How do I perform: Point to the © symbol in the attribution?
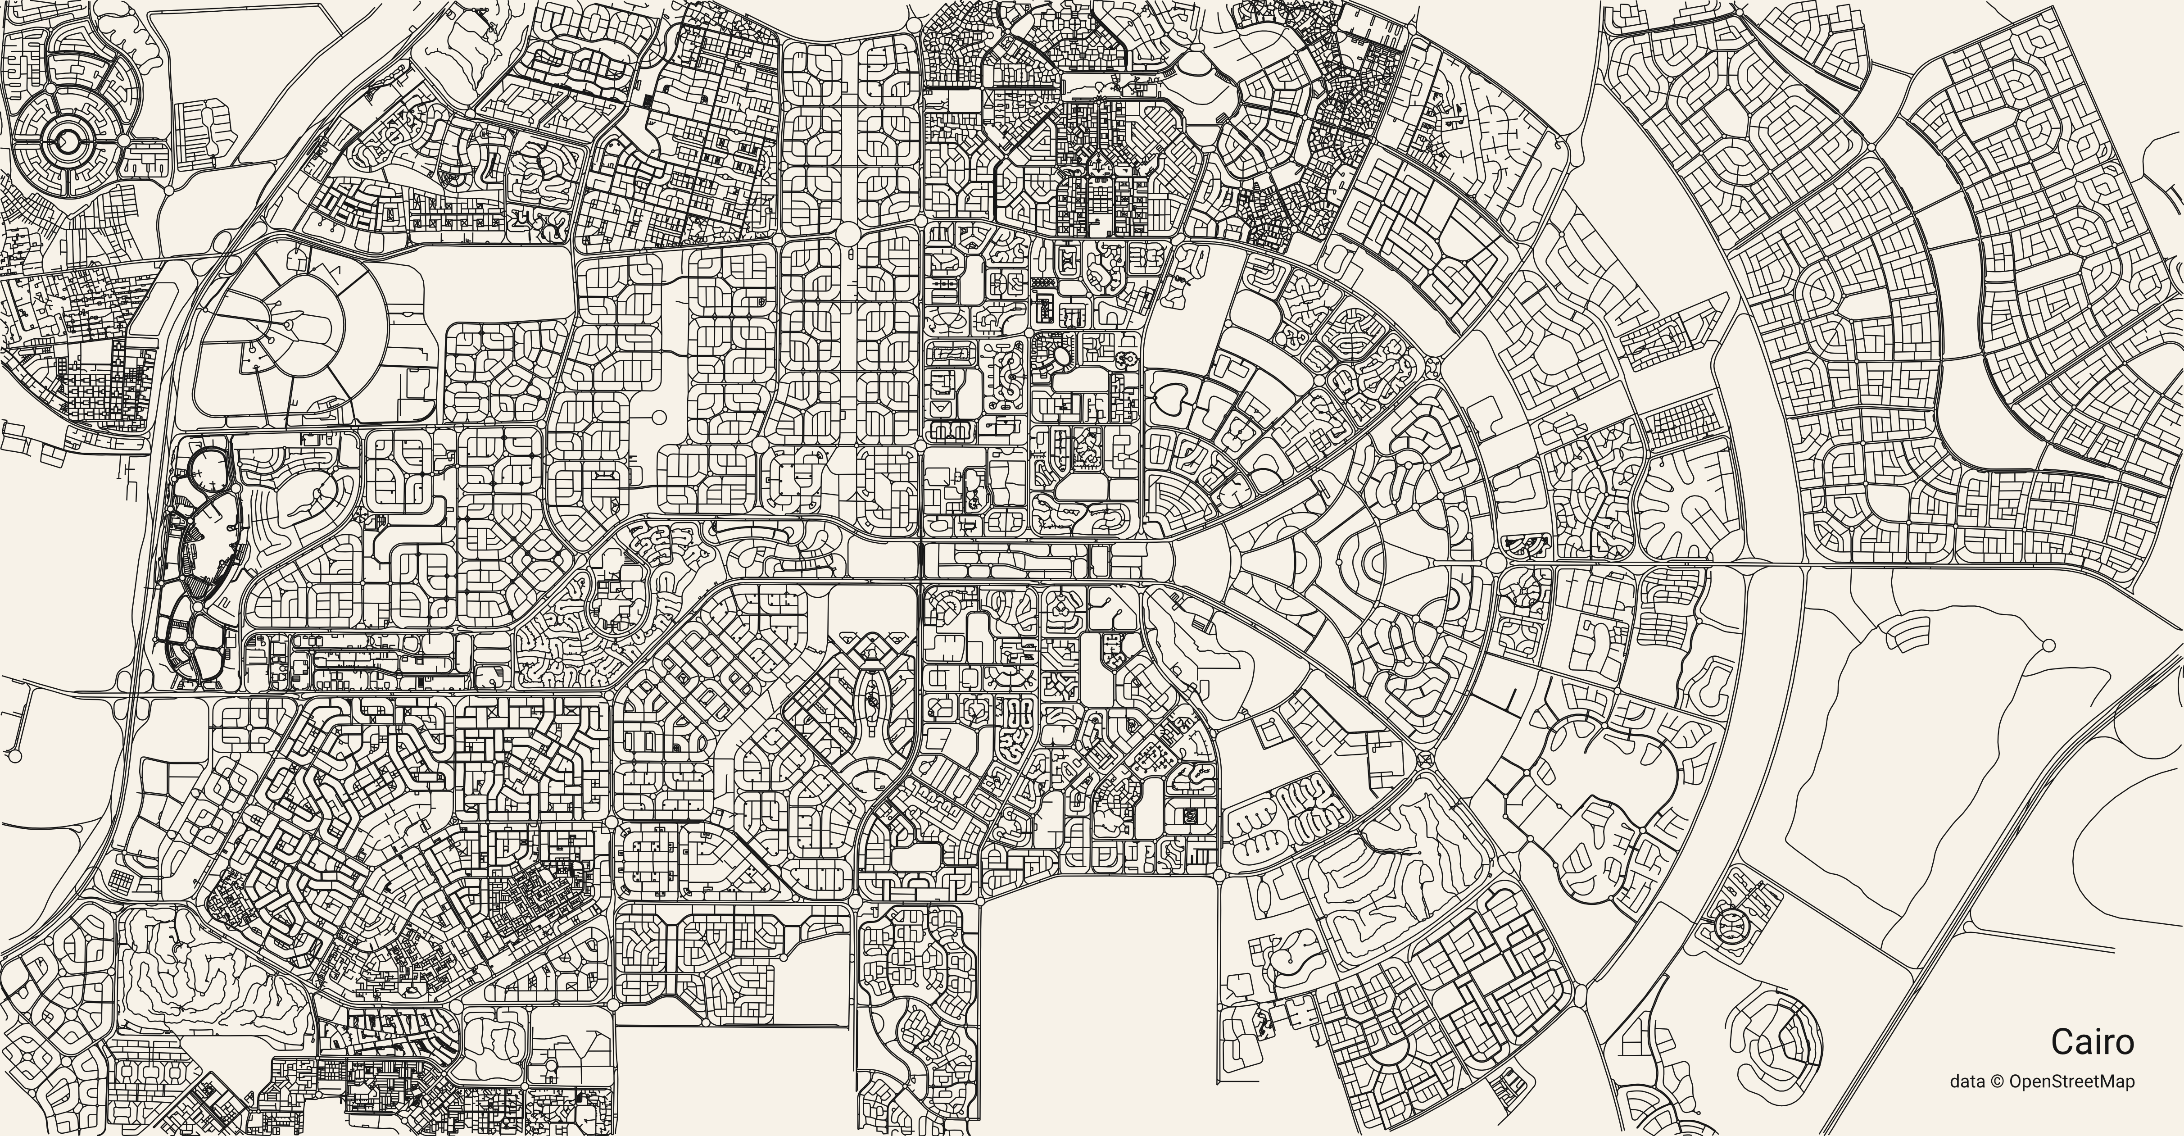[x=2014, y=1104]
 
